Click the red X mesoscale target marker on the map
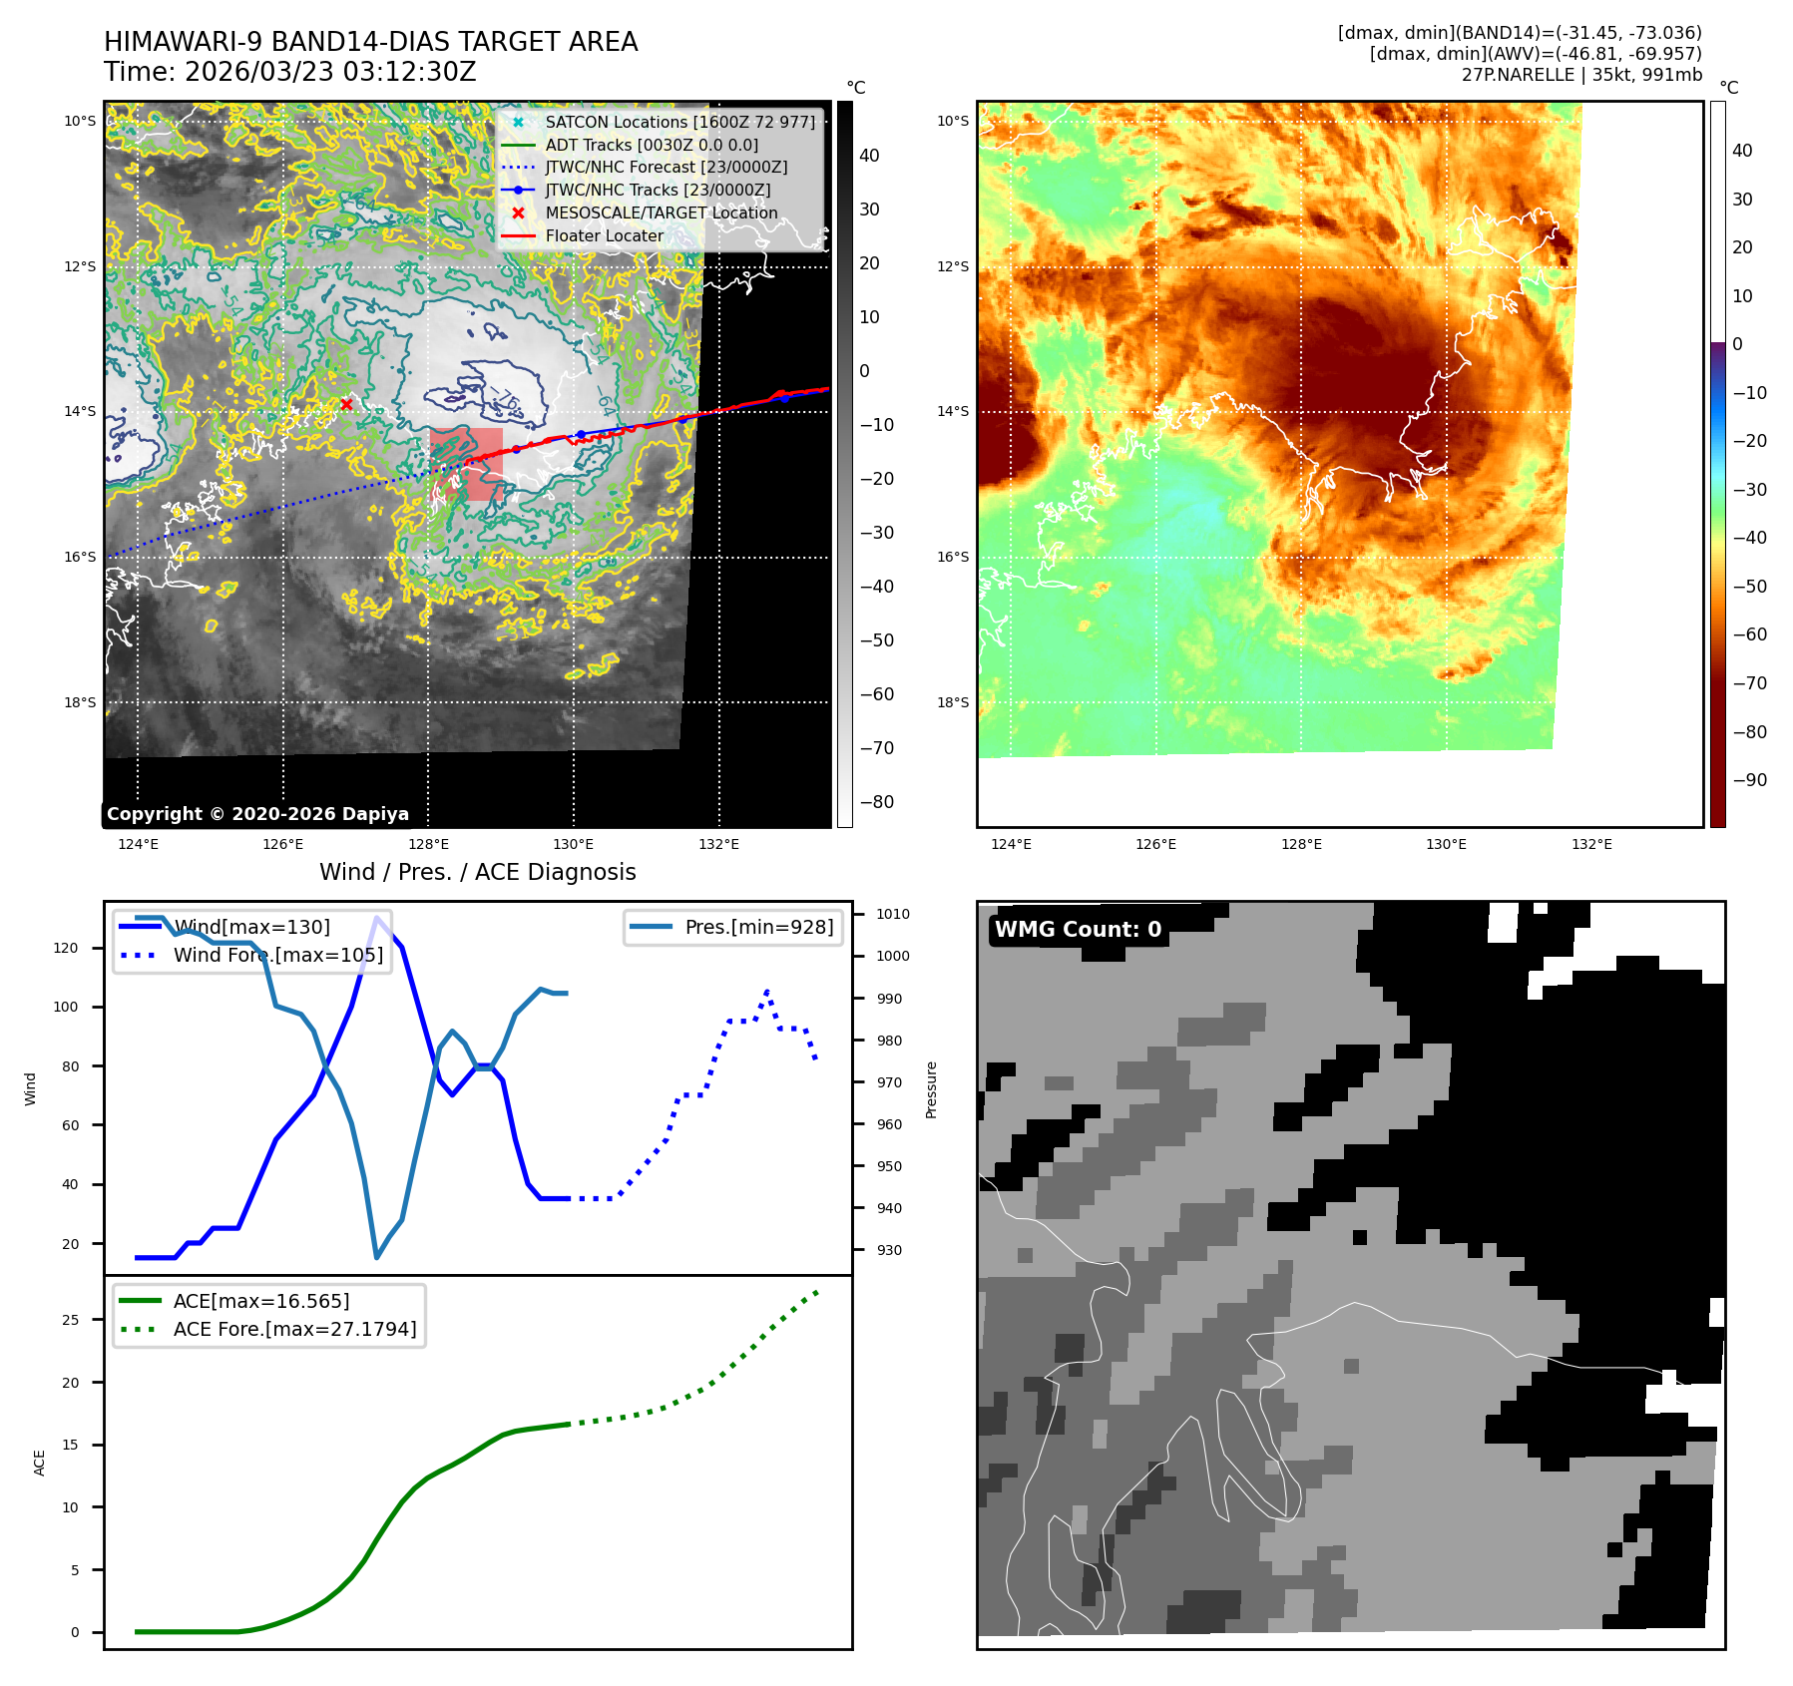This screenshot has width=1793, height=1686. point(346,404)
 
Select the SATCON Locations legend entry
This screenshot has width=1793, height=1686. point(678,122)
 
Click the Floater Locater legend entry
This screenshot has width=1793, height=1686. point(604,235)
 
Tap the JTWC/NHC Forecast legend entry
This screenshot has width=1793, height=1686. point(666,167)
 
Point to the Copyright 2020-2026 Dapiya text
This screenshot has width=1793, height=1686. point(257,814)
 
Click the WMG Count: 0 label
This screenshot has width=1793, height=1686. point(1078,930)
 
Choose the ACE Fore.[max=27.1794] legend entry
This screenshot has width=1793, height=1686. point(294,1329)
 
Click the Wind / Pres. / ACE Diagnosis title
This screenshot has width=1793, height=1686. point(477,872)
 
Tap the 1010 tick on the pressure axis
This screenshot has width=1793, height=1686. point(892,914)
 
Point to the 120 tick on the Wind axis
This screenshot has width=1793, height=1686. point(66,948)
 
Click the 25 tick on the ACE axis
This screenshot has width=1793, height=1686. point(70,1320)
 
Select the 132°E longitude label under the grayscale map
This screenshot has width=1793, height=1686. point(718,844)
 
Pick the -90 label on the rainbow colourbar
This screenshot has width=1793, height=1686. point(1749,780)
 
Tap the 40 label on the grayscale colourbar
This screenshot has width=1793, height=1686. point(869,156)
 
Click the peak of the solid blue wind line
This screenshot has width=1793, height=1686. point(376,918)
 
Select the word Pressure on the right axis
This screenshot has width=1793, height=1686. point(931,1089)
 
